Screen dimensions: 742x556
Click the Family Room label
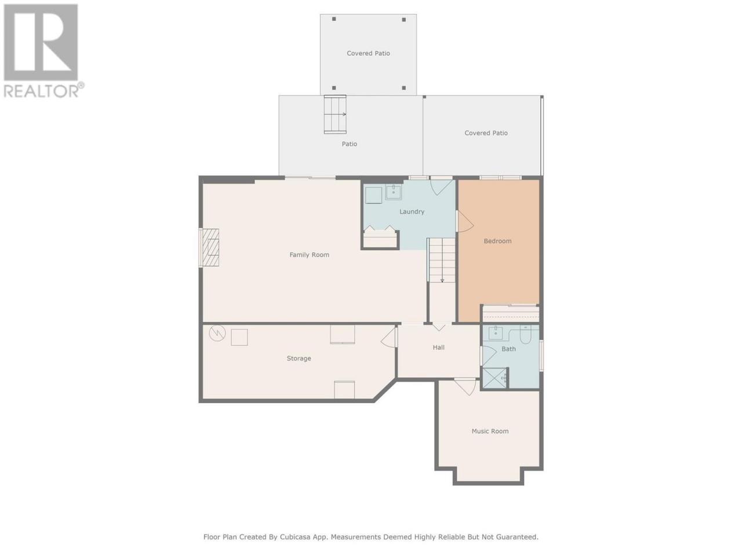point(309,255)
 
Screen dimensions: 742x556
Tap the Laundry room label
point(412,211)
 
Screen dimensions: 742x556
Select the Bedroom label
point(497,241)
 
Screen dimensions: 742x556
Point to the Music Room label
point(490,431)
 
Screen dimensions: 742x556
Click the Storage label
point(299,358)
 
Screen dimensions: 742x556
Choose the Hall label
point(438,347)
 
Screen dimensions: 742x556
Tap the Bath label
point(508,349)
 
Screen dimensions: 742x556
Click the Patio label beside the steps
point(349,144)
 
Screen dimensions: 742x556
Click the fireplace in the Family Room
point(210,248)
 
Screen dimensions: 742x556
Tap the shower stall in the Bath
point(494,378)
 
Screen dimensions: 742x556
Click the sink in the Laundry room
point(393,192)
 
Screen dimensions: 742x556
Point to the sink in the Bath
point(495,332)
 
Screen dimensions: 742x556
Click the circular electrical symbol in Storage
point(217,333)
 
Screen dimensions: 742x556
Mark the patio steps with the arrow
point(335,114)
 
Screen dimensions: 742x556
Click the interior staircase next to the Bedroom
point(441,260)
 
